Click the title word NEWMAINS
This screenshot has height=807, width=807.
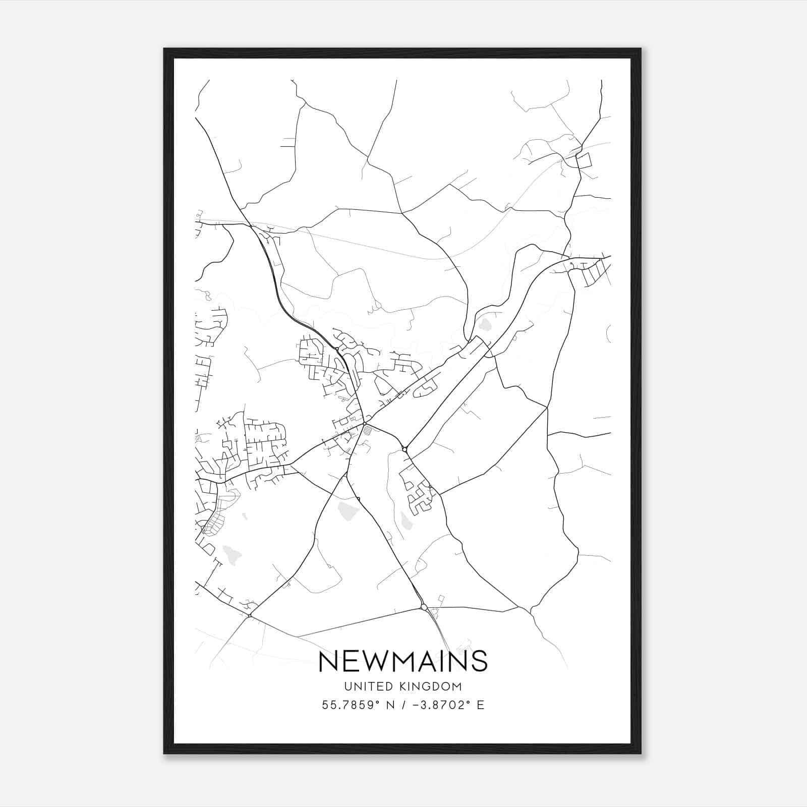[403, 661]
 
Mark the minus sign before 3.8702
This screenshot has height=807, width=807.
[416, 705]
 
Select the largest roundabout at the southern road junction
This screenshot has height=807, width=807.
[424, 607]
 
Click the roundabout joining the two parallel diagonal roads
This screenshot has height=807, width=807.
[405, 449]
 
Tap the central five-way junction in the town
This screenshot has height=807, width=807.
[364, 423]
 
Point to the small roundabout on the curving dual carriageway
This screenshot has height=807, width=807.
[337, 349]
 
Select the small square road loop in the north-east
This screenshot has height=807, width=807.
[584, 161]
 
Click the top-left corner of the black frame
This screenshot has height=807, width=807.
[164, 49]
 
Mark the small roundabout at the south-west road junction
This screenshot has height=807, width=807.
[250, 615]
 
